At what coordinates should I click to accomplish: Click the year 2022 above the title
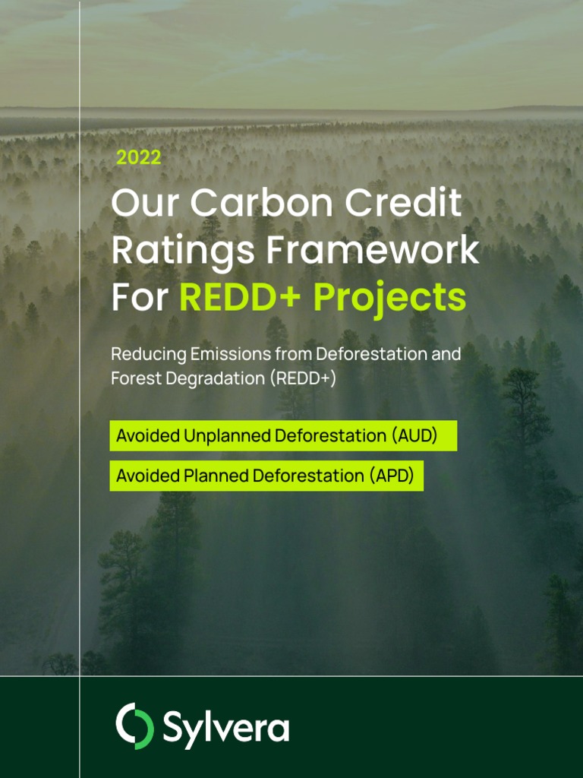138,158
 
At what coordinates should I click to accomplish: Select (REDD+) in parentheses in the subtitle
302,378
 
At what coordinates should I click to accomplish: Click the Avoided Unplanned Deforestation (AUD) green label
283,436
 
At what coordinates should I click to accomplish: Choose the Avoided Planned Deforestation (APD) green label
266,476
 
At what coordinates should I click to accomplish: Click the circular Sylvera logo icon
134,726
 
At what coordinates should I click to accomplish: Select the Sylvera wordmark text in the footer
225,727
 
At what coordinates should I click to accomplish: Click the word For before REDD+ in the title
139,298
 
